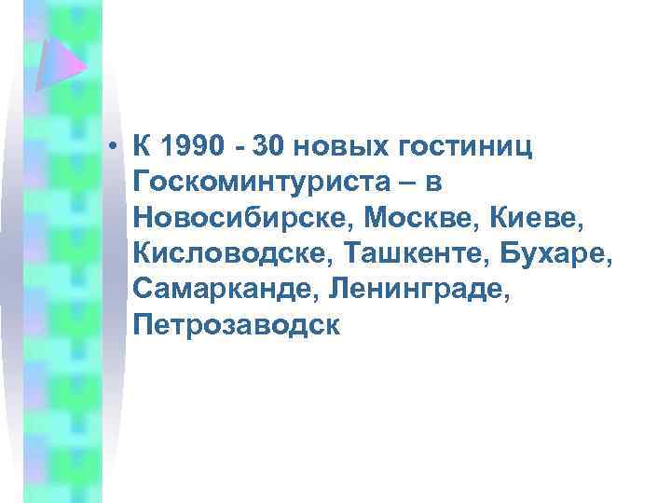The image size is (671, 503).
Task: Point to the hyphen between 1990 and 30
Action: click(241, 147)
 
